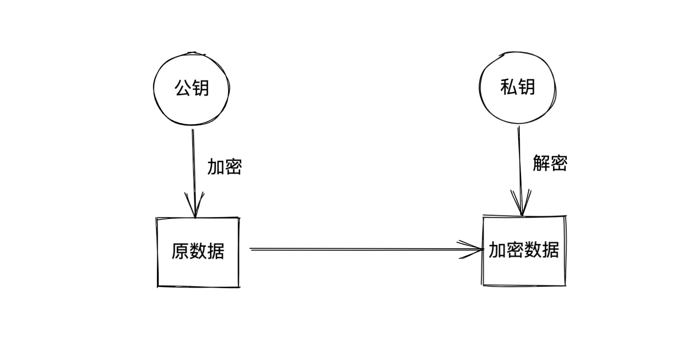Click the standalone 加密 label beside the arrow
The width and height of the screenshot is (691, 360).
click(x=224, y=167)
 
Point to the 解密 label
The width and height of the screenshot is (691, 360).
click(x=550, y=164)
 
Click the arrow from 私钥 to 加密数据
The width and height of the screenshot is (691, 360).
click(x=519, y=160)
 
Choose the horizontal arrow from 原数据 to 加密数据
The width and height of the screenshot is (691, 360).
click(x=355, y=250)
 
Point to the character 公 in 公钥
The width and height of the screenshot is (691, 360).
click(x=183, y=88)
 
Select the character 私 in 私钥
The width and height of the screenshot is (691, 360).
click(x=508, y=87)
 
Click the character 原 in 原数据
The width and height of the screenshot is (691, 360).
click(x=180, y=251)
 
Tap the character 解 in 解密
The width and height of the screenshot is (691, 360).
click(x=541, y=164)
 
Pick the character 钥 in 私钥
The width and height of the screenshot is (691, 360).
click(x=526, y=87)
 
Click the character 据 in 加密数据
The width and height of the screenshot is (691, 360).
click(x=550, y=250)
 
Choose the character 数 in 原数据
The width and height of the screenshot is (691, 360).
click(x=198, y=251)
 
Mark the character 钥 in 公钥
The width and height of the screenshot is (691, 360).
click(x=200, y=88)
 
